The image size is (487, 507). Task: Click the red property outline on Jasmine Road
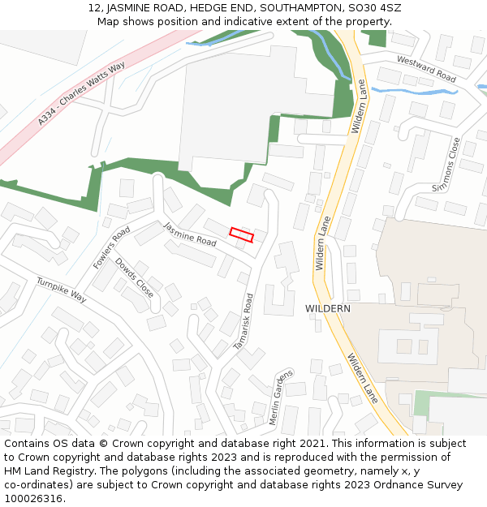241,235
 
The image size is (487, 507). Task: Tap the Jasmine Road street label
190,234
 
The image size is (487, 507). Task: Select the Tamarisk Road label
244,321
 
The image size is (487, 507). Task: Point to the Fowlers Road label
112,247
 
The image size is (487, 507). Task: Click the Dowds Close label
134,277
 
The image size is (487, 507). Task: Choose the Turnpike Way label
61,290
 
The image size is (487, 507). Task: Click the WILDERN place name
328,309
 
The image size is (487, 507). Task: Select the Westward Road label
426,69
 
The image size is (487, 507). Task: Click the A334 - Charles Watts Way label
81,92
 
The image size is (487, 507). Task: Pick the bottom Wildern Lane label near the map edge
363,378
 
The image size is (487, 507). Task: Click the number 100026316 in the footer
34,499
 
